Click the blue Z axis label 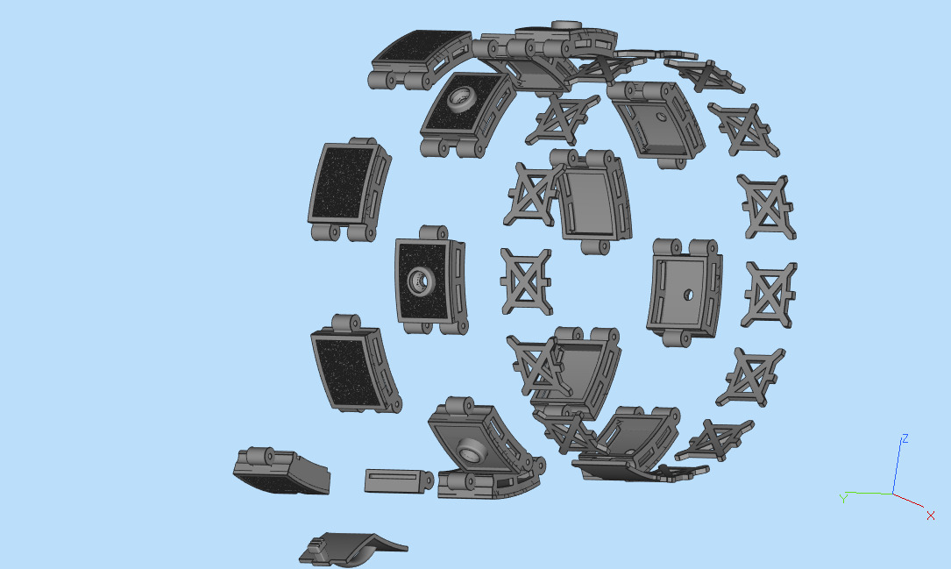point(905,438)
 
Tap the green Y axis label point(842,498)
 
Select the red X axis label point(930,516)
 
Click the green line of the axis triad point(868,494)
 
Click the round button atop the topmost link point(564,26)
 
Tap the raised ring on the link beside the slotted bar point(473,451)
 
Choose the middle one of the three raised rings point(421,281)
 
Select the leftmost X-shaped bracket point(527,281)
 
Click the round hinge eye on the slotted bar point(427,480)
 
